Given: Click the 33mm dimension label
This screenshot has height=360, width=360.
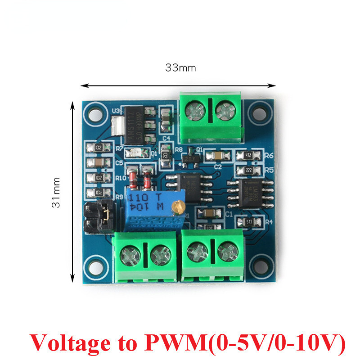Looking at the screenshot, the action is click(x=180, y=68).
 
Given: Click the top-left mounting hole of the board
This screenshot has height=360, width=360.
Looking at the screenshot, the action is click(x=94, y=110).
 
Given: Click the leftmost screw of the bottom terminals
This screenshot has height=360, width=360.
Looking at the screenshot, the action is click(x=131, y=255).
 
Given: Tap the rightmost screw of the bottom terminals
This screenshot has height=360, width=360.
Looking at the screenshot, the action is click(x=227, y=252).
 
